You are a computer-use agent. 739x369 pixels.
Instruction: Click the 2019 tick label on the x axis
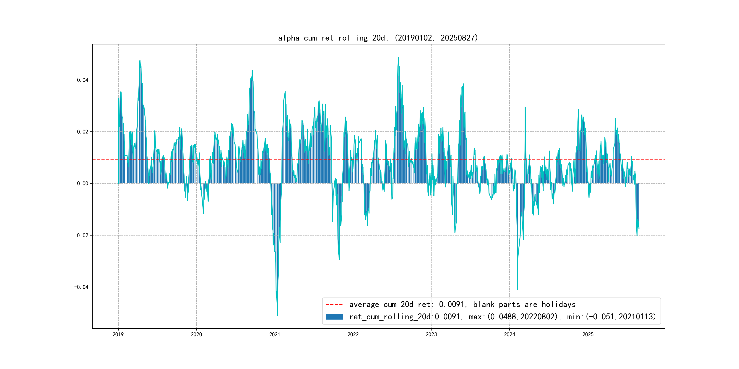(x=118, y=334)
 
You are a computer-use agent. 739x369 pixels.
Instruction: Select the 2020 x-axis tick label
(x=197, y=334)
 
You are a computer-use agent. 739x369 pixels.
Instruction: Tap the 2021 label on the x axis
(x=275, y=334)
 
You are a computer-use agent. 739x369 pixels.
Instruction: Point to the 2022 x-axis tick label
(x=353, y=334)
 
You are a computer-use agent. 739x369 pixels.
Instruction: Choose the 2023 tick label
(x=431, y=334)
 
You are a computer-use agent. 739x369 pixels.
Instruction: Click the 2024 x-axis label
(x=510, y=334)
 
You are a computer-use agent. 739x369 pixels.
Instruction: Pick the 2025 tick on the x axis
(x=588, y=334)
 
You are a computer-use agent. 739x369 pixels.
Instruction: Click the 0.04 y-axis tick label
(x=83, y=80)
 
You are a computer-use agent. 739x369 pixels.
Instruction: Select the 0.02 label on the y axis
(x=83, y=132)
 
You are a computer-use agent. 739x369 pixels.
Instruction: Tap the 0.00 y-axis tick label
(x=83, y=184)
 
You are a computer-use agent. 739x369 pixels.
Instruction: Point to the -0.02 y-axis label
(x=81, y=236)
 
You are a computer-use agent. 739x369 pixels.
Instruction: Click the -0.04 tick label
(x=81, y=287)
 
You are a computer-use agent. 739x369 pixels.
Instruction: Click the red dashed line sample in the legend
(x=334, y=304)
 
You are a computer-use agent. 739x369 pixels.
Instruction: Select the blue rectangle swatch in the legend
(x=334, y=317)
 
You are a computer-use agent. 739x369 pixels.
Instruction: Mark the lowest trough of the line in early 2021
(x=277, y=315)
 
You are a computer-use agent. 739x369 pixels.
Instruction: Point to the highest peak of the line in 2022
(x=398, y=57)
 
